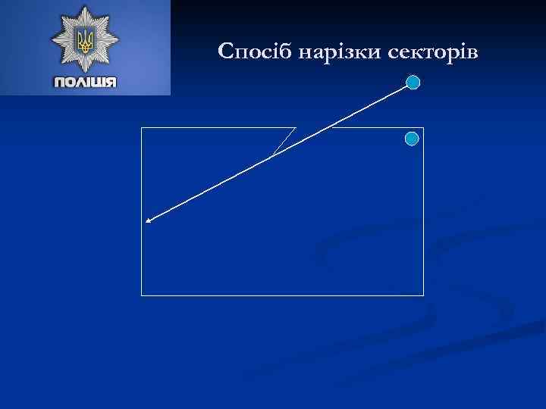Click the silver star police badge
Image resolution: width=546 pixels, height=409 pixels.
click(84, 41)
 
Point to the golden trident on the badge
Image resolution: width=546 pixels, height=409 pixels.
click(84, 39)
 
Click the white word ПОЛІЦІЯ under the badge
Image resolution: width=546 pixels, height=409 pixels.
click(85, 83)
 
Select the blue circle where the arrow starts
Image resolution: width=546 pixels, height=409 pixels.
click(413, 83)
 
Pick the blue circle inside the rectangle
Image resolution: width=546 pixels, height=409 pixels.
click(412, 139)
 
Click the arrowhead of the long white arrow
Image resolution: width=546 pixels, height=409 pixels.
click(149, 221)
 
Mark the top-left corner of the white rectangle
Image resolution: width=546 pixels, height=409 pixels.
click(142, 128)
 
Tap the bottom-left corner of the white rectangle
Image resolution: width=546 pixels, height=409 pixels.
click(142, 295)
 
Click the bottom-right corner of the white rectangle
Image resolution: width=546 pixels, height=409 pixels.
click(423, 295)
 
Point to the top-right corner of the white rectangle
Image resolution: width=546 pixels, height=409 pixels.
click(423, 128)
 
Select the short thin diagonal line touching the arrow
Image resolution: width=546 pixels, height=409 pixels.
click(284, 142)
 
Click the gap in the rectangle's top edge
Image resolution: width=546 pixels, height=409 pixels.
click(314, 128)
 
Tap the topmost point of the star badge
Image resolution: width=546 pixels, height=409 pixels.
click(84, 7)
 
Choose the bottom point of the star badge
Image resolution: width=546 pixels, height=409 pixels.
click(84, 73)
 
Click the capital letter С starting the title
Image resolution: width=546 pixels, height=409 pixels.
click(224, 52)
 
